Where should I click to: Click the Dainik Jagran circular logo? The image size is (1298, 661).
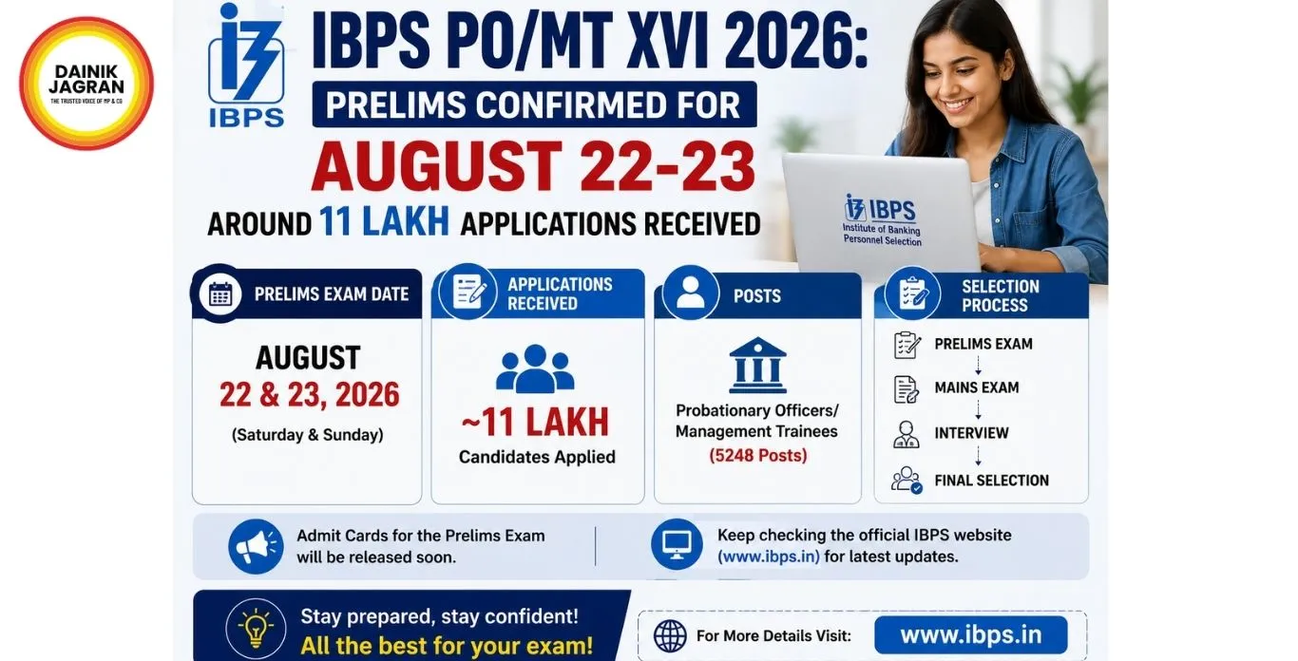pos(86,84)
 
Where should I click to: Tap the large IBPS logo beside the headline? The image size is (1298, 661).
pos(246,65)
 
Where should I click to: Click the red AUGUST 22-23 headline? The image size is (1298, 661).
pos(533,165)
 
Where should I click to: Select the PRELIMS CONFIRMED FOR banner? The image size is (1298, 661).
pos(534,104)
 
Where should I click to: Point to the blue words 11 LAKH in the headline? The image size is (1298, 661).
pos(384,221)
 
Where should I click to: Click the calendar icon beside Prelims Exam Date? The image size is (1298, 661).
pos(220,293)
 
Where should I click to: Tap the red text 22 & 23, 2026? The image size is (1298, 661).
pos(310,395)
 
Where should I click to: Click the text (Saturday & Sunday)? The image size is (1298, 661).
pos(307,434)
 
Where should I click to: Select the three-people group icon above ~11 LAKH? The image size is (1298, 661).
pos(535,369)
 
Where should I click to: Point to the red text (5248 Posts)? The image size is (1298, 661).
pos(758,455)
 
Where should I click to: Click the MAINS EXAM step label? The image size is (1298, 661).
pos(977,387)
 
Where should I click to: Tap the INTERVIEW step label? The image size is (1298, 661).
pos(971,433)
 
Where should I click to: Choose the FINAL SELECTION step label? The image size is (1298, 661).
pos(991,481)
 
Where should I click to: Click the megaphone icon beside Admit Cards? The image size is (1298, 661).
pos(256,546)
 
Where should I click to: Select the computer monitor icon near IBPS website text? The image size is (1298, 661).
pos(677,544)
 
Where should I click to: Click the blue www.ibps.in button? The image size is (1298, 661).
pos(970,635)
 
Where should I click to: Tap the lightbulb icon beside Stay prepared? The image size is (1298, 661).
pos(256,628)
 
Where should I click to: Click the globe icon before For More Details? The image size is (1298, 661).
pos(670,635)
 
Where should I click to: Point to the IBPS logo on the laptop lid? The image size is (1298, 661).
pos(881,219)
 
